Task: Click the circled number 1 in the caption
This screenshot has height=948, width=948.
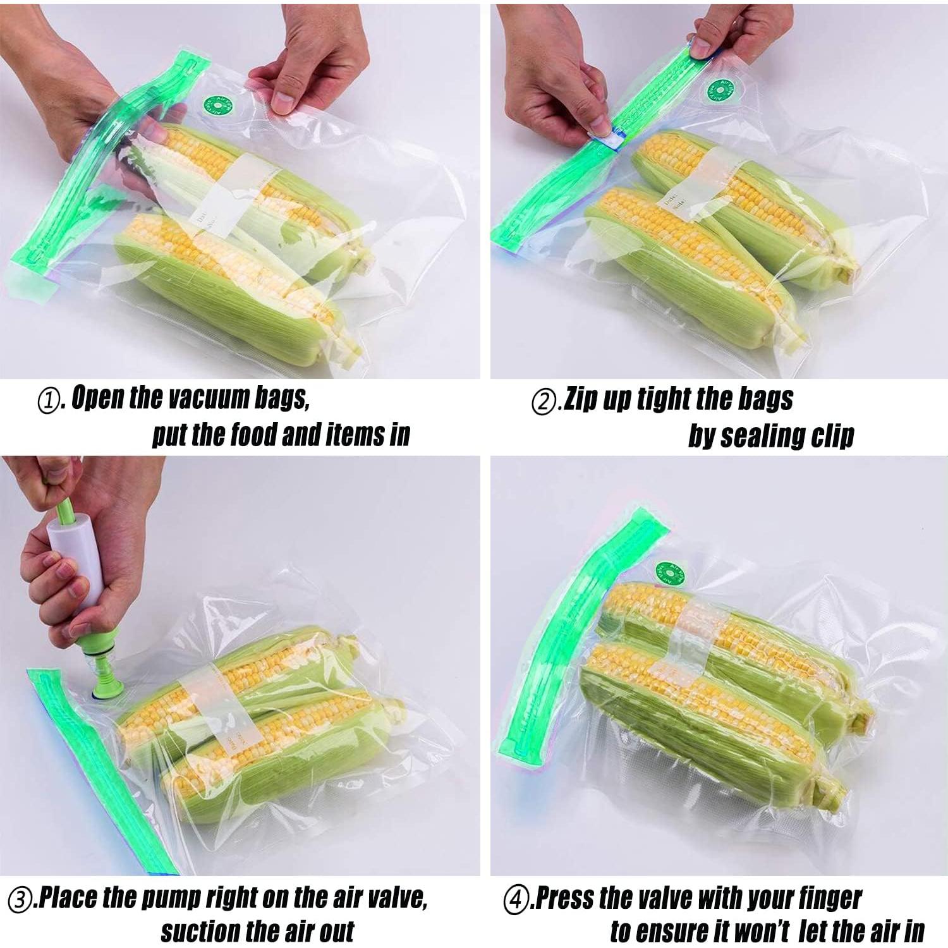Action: (49, 401)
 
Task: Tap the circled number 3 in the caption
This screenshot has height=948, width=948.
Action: (20, 900)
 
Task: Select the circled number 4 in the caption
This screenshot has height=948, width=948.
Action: (515, 900)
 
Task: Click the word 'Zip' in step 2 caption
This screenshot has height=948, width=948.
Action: (579, 399)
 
